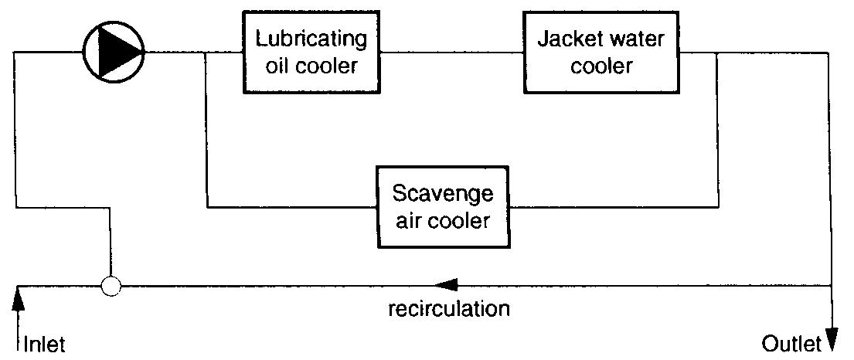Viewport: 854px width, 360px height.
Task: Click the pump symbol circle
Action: [x=113, y=52]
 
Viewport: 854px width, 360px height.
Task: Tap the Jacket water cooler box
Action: [x=601, y=52]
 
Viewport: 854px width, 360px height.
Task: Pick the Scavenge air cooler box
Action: [x=443, y=206]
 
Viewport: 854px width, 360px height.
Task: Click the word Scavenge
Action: [x=443, y=192]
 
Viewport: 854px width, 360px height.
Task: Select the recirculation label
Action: [x=448, y=310]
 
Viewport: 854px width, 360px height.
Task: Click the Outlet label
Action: [x=791, y=342]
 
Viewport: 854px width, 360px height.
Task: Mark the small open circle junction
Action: [x=112, y=287]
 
